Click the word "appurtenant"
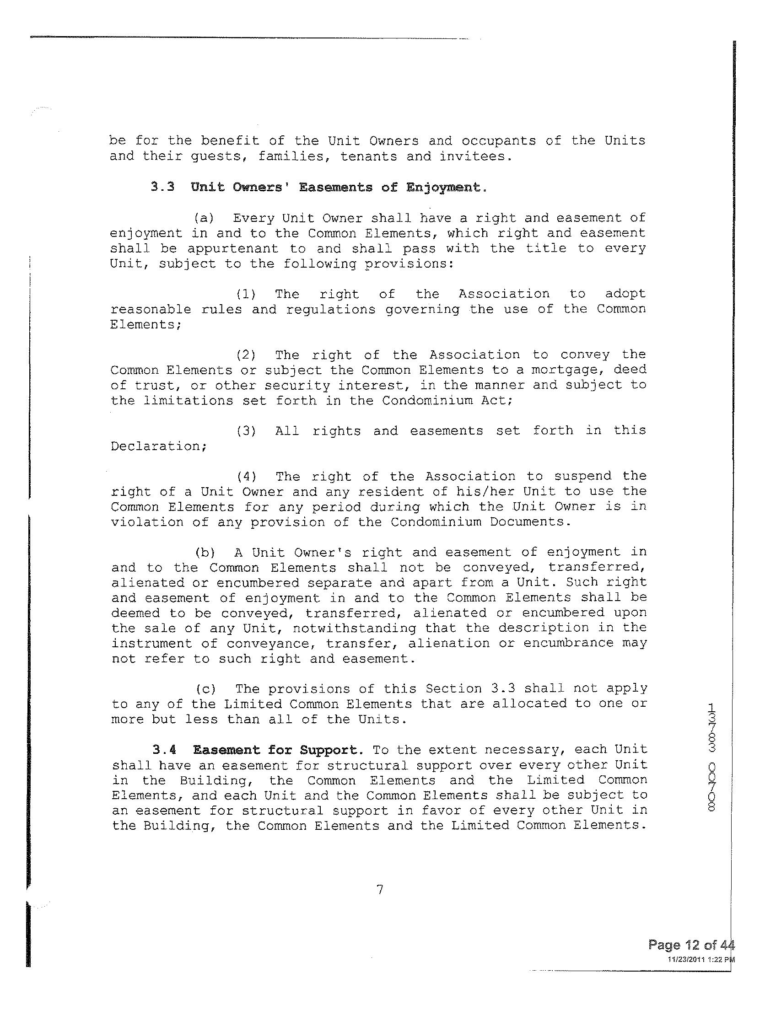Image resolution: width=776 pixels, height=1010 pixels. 233,249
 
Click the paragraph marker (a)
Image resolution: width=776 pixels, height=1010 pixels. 203,218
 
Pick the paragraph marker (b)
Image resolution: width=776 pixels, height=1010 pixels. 204,552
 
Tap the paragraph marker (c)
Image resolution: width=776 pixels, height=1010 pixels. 205,689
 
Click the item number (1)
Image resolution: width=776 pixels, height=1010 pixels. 246,294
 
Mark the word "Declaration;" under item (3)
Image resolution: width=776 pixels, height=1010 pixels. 158,446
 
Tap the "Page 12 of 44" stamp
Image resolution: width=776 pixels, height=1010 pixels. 690,945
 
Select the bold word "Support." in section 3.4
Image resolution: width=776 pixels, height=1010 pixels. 329,750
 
